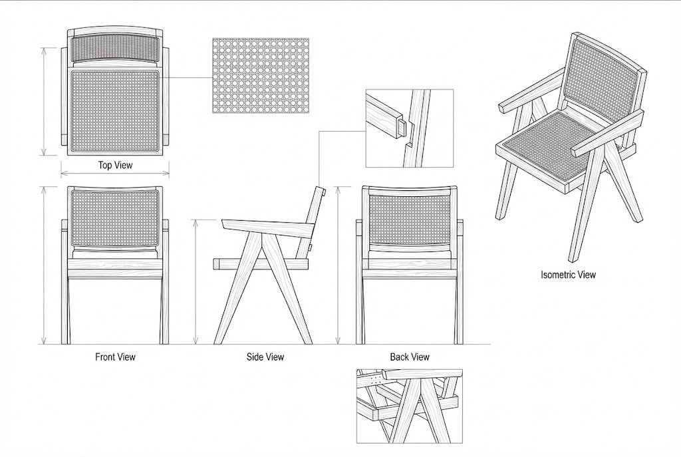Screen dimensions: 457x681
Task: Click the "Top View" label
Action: (x=115, y=165)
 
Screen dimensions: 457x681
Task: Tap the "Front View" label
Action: (x=115, y=357)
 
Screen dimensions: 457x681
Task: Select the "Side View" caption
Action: (x=265, y=357)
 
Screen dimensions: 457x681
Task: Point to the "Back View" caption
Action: (x=410, y=357)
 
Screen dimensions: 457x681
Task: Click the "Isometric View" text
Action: (x=568, y=274)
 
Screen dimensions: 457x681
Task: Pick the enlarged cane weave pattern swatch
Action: (x=256, y=75)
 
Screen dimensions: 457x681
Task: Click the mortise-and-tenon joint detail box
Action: (x=409, y=128)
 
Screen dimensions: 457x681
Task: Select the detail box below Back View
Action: (x=410, y=406)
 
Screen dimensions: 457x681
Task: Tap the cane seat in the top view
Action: (x=114, y=109)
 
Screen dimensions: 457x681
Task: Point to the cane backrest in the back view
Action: (x=410, y=217)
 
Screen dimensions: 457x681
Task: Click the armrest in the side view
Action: (x=266, y=226)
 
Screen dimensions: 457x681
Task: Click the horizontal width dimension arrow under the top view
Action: (x=114, y=174)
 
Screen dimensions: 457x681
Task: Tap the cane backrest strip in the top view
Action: (x=114, y=48)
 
